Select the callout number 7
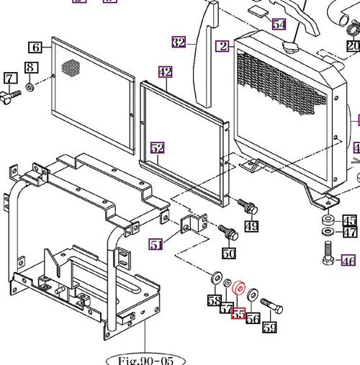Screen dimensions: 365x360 click(10, 78)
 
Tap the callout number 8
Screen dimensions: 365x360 click(30, 68)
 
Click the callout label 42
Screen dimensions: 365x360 click(166, 72)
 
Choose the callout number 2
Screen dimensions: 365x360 click(224, 46)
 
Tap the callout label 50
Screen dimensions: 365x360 click(228, 253)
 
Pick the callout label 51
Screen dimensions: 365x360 click(176, 245)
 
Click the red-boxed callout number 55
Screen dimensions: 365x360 click(238, 315)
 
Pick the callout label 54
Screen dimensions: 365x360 click(279, 24)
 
